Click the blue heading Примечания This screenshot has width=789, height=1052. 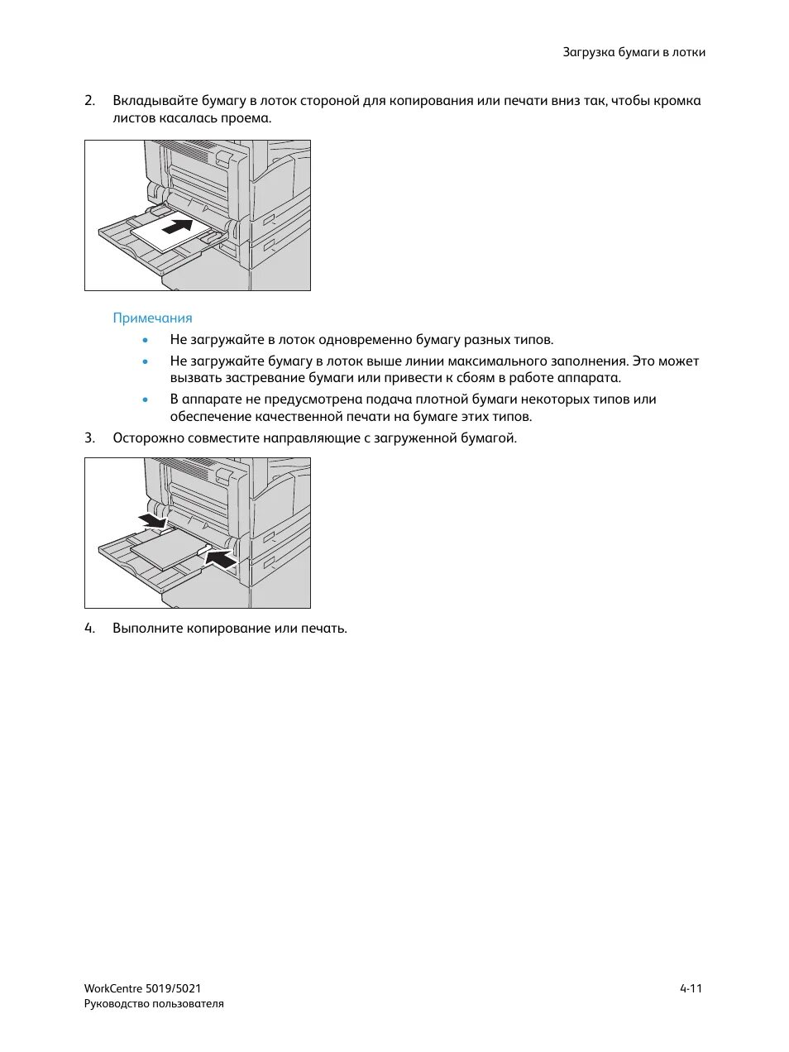(152, 318)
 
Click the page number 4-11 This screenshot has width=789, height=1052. (691, 988)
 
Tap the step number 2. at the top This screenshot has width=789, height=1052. (89, 101)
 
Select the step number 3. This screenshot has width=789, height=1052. (89, 438)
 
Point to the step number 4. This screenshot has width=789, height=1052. (89, 629)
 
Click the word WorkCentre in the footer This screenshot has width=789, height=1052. (112, 988)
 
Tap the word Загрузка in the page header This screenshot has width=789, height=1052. (588, 52)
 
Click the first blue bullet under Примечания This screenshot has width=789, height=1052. (146, 340)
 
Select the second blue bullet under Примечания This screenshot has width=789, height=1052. (146, 361)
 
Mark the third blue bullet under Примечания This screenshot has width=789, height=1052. (146, 399)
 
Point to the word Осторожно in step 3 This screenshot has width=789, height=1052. (145, 438)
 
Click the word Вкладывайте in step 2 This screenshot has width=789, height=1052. (155, 101)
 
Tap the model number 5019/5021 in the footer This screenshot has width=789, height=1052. (173, 988)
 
